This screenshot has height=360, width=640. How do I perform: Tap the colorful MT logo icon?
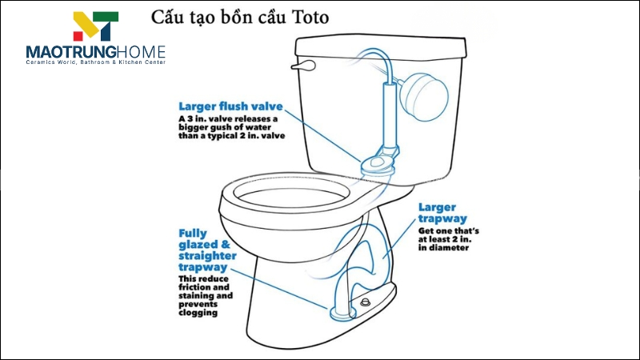point(95,26)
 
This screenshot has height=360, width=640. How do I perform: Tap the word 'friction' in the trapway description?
point(195,286)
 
